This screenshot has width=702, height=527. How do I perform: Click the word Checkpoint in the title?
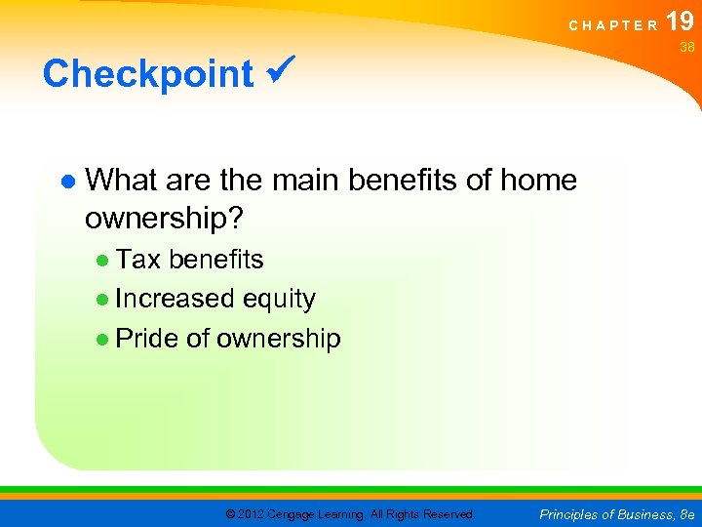(147, 74)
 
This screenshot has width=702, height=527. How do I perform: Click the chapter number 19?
(681, 20)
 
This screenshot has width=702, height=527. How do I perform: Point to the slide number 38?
(686, 46)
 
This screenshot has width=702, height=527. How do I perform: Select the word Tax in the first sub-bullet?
(137, 260)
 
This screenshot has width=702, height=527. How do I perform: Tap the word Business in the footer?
(632, 513)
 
